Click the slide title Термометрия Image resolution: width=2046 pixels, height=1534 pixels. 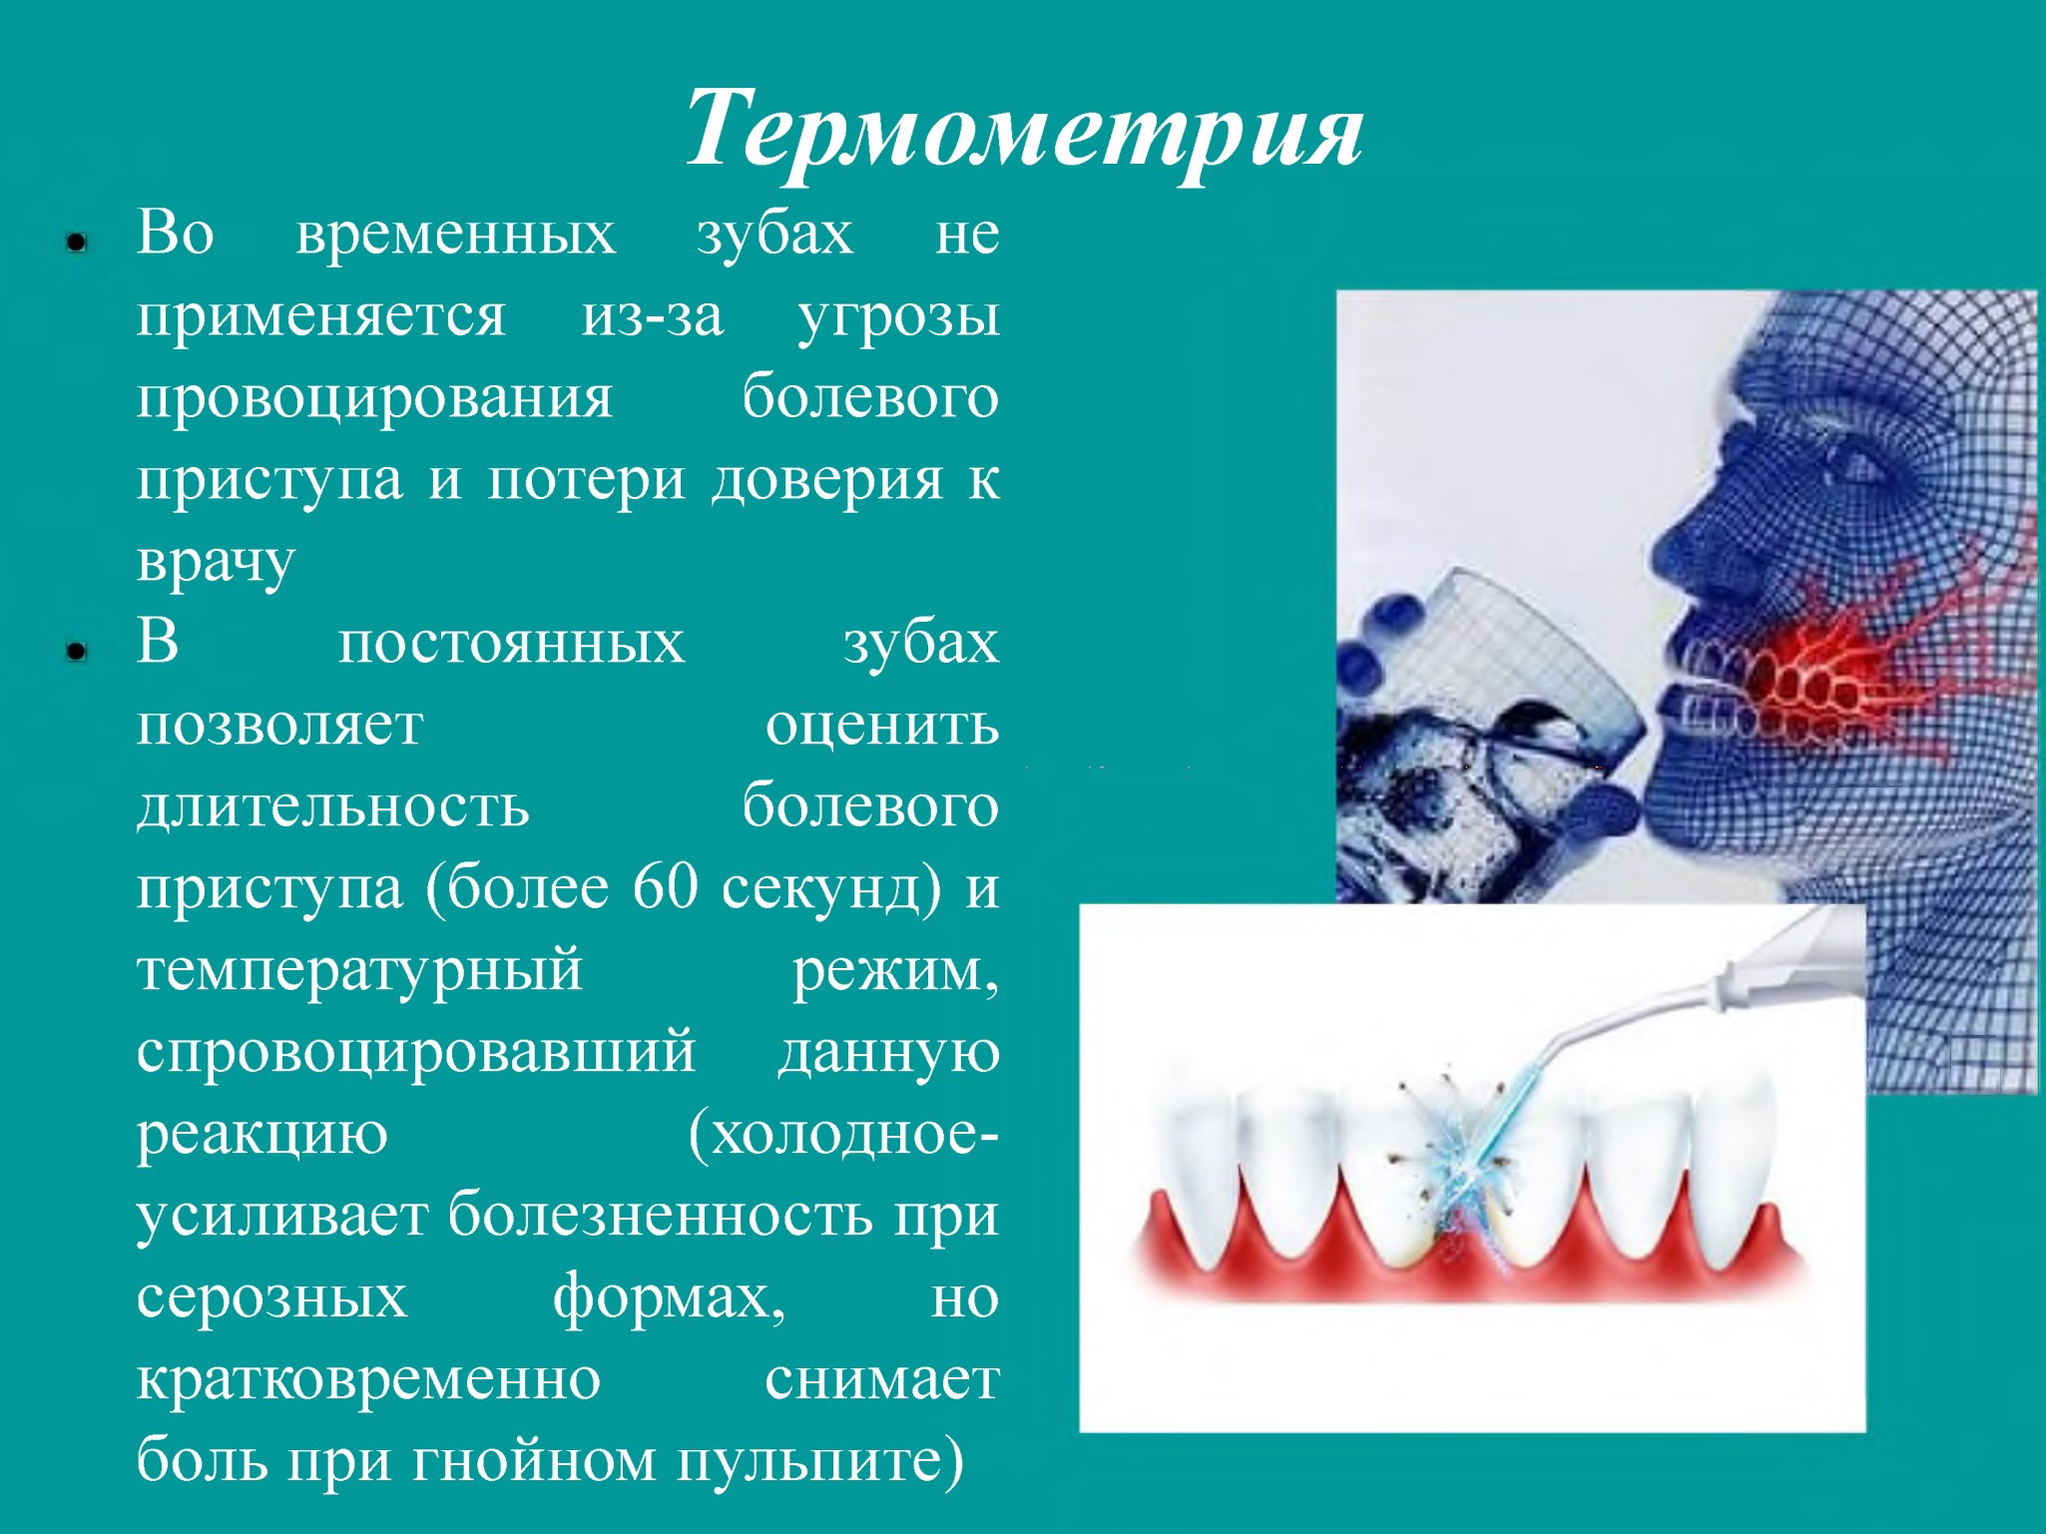click(1024, 131)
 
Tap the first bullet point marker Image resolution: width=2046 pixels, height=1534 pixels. click(77, 243)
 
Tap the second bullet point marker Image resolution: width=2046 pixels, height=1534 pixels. click(77, 652)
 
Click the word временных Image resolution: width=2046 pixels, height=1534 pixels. click(456, 235)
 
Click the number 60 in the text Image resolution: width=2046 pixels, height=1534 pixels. click(666, 886)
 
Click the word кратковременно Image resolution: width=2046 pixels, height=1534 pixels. click(368, 1380)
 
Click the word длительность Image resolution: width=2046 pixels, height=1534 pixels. click(333, 806)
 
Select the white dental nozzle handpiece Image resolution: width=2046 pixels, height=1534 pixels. click(1717, 1008)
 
